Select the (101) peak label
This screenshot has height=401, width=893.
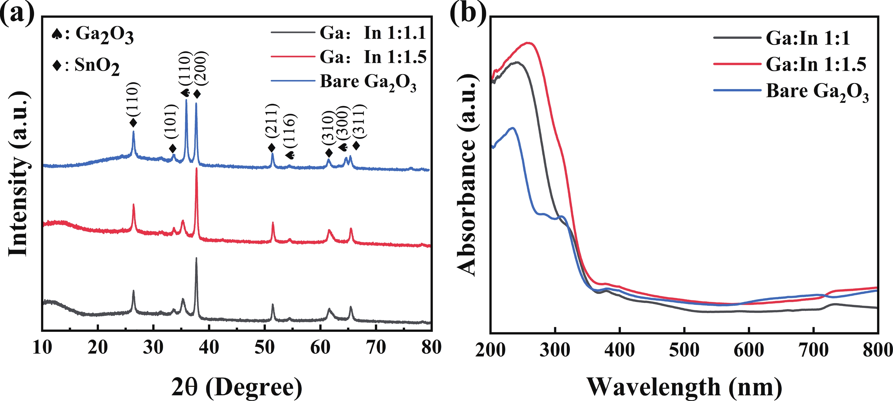tap(172, 122)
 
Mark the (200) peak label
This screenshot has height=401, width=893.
tap(201, 69)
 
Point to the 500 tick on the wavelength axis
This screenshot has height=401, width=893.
tap(684, 350)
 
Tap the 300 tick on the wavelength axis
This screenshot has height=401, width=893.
tap(555, 350)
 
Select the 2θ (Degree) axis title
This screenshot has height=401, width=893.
tap(237, 387)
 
